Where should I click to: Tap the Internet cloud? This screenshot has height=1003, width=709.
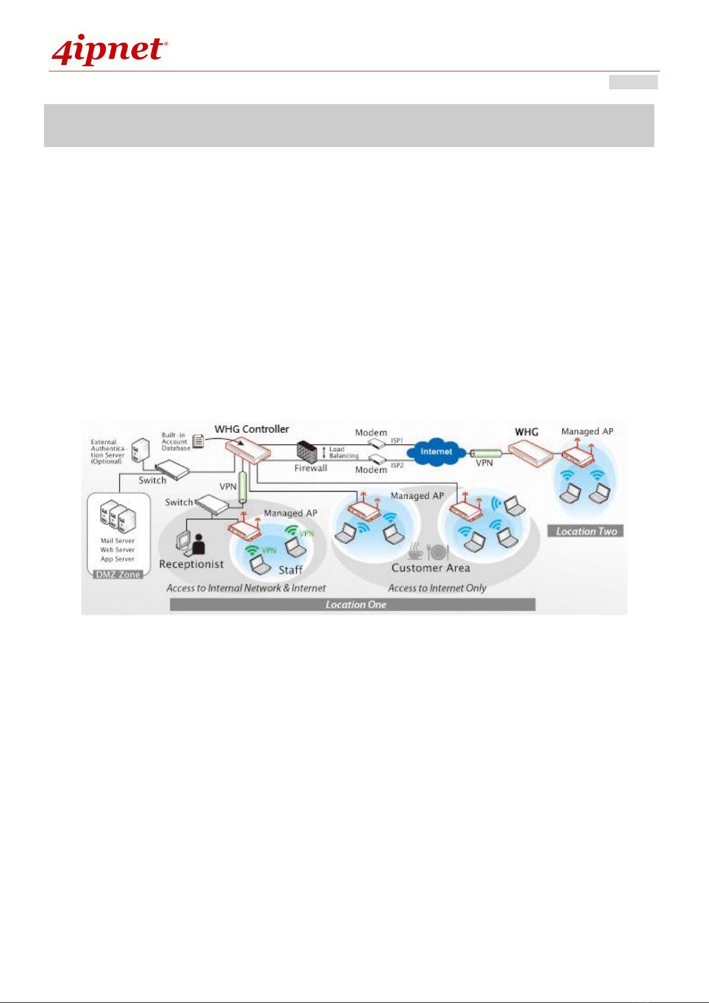[437, 452]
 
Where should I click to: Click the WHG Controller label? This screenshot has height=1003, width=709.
[252, 429]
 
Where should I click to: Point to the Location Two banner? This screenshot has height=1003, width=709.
[586, 531]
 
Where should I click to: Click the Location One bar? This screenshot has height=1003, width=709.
[355, 605]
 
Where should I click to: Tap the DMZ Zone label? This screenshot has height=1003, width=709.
[118, 574]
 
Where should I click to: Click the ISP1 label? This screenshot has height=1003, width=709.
[397, 441]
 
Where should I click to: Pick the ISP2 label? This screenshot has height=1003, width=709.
[397, 465]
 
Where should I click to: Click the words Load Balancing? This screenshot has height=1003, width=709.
[344, 452]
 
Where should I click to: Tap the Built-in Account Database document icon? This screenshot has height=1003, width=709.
[199, 441]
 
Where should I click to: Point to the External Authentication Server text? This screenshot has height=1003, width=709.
[108, 452]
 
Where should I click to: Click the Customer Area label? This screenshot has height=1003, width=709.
[431, 568]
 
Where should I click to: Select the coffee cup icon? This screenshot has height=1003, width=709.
[416, 551]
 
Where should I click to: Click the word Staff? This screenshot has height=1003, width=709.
[290, 570]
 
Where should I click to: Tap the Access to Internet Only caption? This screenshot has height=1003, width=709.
[437, 588]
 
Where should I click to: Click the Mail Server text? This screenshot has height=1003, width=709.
[117, 541]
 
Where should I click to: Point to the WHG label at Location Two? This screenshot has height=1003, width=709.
[526, 432]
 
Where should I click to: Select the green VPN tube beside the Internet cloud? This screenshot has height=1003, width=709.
[485, 452]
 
